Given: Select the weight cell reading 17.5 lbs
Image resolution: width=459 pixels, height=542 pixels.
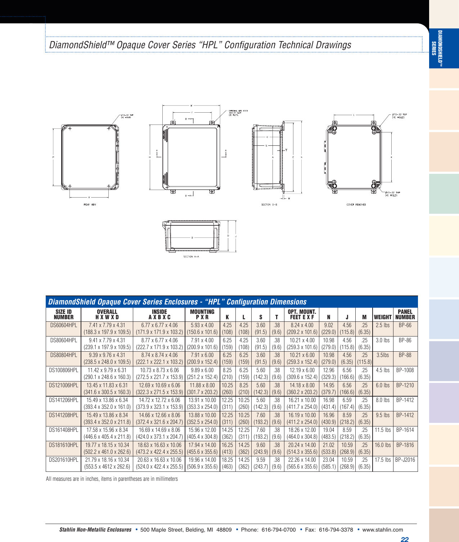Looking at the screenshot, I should pos(382,460).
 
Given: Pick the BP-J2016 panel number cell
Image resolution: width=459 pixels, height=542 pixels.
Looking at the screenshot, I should pos(405,460).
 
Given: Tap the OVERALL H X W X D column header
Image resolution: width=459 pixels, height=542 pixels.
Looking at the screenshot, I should pos(107,315).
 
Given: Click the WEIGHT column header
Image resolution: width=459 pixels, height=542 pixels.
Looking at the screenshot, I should pos(382,317).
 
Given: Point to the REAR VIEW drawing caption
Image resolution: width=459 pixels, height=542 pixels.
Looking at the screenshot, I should pos(90,204).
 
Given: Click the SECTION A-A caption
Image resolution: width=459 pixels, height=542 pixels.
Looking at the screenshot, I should pos(191,257).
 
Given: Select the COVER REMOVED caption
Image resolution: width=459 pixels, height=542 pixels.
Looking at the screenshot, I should pos(356,204).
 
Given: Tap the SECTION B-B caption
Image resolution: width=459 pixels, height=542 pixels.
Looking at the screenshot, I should pos(269,204).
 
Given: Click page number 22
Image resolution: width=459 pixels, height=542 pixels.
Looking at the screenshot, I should pos(405,539).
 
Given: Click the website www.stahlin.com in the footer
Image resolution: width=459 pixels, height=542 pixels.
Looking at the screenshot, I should pos(382,530).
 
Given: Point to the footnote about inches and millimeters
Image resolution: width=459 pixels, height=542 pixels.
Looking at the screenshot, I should pos(112,479).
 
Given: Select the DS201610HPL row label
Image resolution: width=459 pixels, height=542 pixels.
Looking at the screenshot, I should pos(64,460).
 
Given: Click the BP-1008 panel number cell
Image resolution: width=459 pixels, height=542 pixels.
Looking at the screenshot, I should pos(405,370).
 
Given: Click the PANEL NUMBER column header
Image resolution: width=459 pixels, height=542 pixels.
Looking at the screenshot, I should pos(405,315).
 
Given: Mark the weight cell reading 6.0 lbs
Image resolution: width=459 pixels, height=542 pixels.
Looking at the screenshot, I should pos(382,385).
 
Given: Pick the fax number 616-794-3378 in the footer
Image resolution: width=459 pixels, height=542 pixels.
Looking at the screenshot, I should pos(336,530).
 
